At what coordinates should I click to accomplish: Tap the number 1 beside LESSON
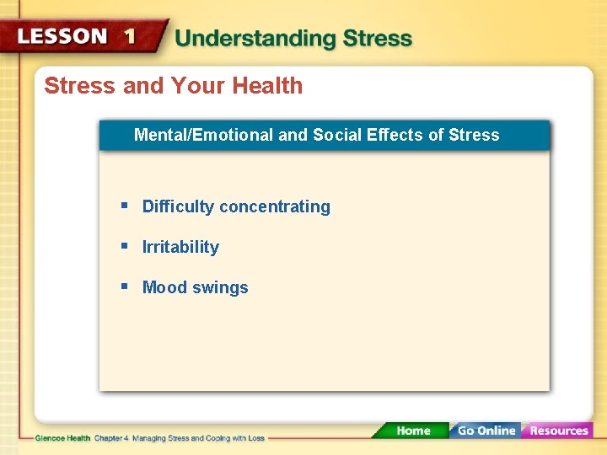click(x=129, y=36)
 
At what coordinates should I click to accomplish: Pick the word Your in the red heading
click(x=193, y=86)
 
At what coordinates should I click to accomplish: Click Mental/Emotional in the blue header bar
click(x=202, y=135)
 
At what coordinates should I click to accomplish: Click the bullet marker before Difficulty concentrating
click(x=124, y=206)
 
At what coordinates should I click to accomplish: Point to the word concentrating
click(x=275, y=207)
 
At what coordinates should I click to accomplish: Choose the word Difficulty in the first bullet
click(x=178, y=207)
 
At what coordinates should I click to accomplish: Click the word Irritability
click(x=180, y=248)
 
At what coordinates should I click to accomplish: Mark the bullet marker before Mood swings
click(x=124, y=286)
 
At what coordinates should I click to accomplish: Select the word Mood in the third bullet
click(x=164, y=287)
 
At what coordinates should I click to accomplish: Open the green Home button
click(x=413, y=431)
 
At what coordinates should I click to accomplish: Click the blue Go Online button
click(x=486, y=431)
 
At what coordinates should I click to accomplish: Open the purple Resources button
click(x=558, y=431)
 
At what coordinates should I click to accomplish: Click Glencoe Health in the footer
click(x=62, y=438)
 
